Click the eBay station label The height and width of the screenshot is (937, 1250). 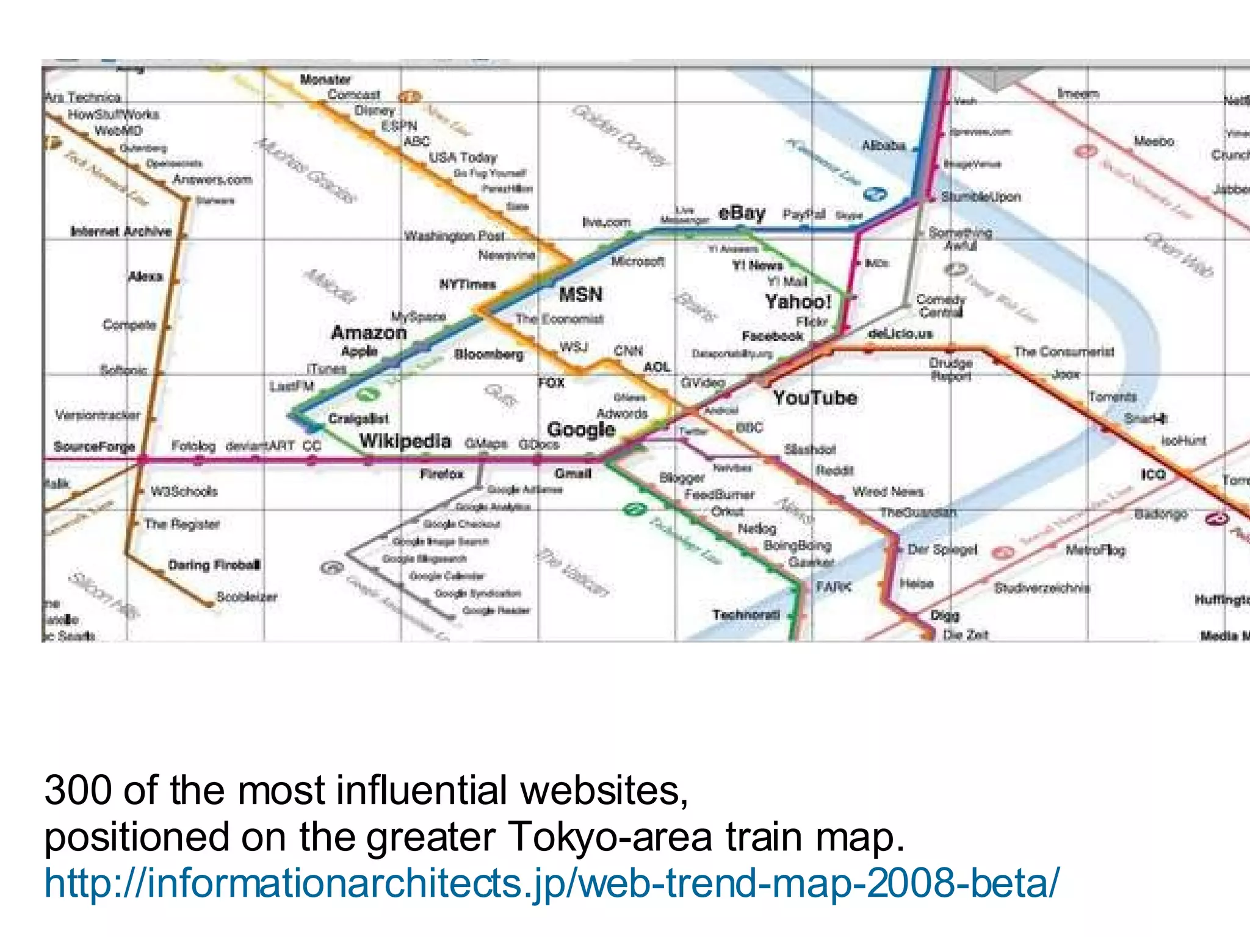(742, 213)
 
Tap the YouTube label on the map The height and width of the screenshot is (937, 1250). (815, 398)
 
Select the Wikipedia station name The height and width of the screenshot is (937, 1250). (405, 440)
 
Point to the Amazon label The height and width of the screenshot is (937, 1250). (369, 332)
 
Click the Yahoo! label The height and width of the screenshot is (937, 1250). (798, 301)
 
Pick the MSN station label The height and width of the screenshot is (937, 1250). (580, 295)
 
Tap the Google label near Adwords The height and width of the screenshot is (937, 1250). (580, 429)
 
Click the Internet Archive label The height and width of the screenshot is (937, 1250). (121, 231)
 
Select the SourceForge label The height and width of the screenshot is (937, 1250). (94, 447)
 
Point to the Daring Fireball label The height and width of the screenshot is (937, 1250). (214, 565)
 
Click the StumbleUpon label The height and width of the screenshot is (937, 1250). (980, 196)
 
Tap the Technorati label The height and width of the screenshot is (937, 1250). (746, 614)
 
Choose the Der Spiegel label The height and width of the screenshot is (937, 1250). (942, 549)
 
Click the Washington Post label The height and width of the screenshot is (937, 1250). (454, 236)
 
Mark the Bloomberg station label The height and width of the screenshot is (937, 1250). (488, 354)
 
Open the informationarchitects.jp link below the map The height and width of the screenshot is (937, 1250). (552, 883)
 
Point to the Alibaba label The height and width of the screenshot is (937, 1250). (882, 146)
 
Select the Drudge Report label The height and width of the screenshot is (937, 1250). (950, 369)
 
